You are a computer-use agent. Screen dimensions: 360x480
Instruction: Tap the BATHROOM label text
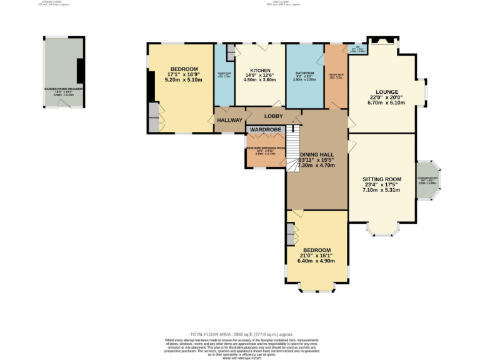304,73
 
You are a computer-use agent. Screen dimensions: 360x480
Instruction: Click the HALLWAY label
229,120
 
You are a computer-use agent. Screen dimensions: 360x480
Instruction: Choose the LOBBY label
273,116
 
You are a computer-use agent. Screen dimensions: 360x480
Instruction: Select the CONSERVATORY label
428,177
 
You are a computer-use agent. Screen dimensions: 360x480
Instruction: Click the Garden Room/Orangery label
64,89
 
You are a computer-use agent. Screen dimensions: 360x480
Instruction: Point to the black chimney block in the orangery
80,71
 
